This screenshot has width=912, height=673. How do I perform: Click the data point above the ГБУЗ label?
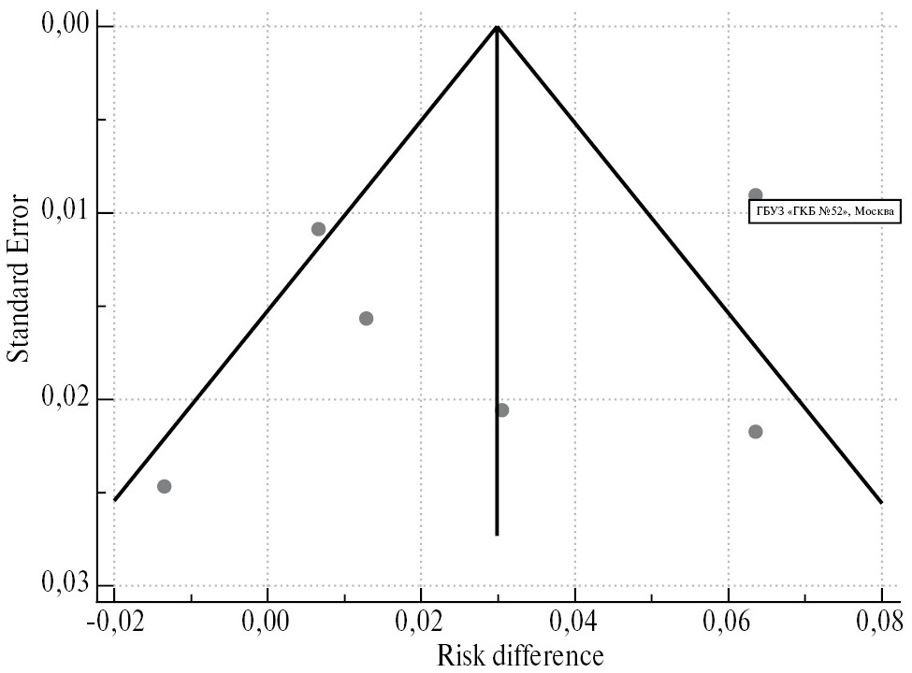pyautogui.click(x=755, y=194)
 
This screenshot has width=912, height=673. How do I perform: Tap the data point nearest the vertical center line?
pyautogui.click(x=502, y=409)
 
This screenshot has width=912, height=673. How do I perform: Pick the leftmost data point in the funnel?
pyautogui.click(x=165, y=486)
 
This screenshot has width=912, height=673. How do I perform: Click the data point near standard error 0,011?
pyautogui.click(x=318, y=229)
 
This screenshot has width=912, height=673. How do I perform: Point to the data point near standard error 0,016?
pyautogui.click(x=366, y=318)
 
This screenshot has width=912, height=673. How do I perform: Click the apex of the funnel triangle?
pyautogui.click(x=497, y=26)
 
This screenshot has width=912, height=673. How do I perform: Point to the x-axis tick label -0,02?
pyautogui.click(x=114, y=622)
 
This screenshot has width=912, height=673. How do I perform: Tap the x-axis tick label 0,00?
pyautogui.click(x=268, y=622)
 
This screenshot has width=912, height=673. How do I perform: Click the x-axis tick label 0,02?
pyautogui.click(x=421, y=622)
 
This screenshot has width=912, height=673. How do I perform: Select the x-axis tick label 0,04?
pyautogui.click(x=574, y=622)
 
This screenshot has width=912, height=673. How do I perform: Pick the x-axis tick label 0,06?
pyautogui.click(x=729, y=622)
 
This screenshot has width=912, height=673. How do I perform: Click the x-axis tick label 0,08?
pyautogui.click(x=881, y=622)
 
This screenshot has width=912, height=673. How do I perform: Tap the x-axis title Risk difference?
pyautogui.click(x=497, y=655)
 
